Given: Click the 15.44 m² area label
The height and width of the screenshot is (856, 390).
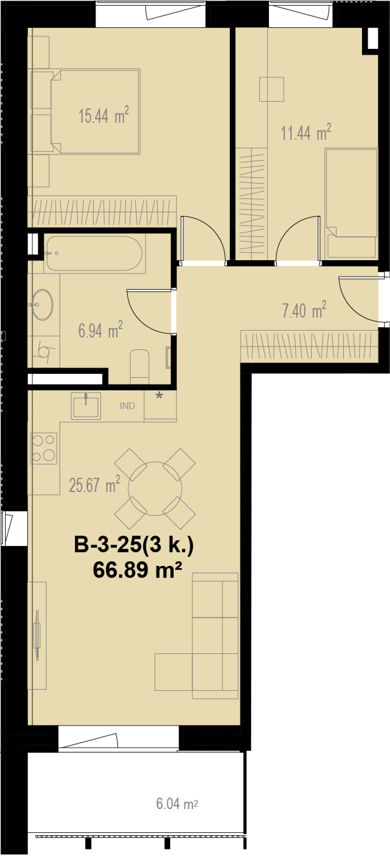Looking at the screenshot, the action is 104,115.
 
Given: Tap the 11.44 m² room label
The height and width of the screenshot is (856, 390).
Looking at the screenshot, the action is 306,133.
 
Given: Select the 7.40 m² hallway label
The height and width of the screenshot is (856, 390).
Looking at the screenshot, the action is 304,310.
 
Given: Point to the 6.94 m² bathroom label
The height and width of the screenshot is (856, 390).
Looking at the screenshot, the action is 100,330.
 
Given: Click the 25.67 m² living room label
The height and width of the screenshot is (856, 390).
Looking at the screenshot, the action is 95,484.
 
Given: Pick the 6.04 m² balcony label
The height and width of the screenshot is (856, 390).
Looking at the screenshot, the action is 177,803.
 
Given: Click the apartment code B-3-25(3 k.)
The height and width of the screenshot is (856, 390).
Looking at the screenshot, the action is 134,545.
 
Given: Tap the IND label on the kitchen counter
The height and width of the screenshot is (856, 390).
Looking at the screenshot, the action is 127,406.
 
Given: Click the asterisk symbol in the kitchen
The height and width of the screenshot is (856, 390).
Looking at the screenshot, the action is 159,396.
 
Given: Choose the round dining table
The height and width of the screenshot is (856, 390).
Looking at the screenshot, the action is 155,489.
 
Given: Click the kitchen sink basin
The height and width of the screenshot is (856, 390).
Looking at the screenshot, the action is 86,406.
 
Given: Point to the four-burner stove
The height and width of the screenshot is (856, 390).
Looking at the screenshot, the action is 44,448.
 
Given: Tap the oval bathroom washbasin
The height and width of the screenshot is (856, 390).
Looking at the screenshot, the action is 42,305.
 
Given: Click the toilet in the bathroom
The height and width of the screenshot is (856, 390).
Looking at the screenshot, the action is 140,366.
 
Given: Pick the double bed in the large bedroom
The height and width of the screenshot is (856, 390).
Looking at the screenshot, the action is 95,111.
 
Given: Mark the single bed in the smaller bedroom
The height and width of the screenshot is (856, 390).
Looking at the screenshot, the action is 351,203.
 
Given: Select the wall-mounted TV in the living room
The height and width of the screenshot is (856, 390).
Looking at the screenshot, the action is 37,636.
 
